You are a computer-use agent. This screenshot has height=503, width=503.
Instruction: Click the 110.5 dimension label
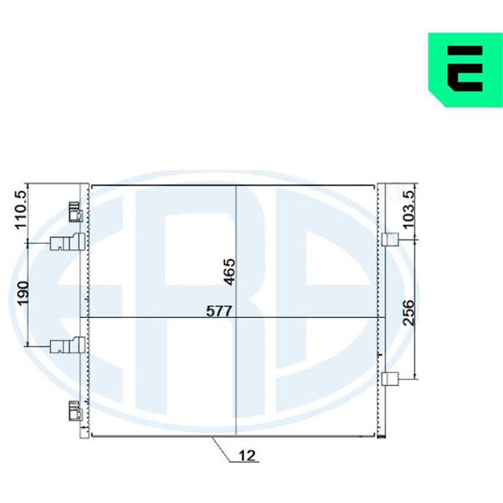(22, 210)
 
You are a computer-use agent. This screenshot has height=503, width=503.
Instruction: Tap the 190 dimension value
(23, 293)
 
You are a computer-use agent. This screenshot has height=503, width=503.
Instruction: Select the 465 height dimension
(230, 272)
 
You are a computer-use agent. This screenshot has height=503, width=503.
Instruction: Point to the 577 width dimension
(219, 311)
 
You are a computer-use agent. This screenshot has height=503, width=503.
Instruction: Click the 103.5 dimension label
(408, 210)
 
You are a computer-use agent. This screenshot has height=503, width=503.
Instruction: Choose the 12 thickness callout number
(247, 455)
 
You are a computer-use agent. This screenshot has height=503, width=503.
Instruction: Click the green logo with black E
(465, 70)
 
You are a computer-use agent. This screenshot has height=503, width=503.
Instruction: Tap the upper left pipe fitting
(68, 241)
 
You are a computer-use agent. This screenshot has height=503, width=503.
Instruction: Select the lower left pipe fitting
(68, 345)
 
